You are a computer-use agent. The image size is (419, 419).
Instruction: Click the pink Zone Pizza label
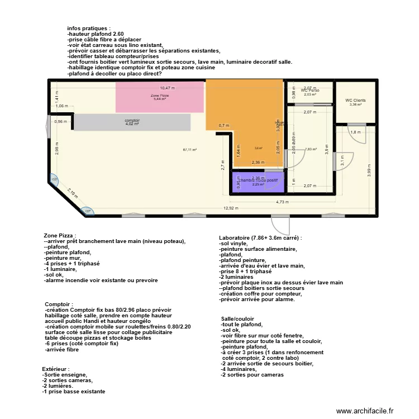160,96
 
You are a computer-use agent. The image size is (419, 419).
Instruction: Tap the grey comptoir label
132,121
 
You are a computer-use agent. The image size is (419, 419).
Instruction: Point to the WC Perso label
310,90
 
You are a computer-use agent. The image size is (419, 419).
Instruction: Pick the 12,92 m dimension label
230,208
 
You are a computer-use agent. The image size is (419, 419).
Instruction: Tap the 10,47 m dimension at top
167,88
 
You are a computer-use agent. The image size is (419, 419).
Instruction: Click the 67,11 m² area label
190,150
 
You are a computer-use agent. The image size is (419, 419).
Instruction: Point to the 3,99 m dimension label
370,170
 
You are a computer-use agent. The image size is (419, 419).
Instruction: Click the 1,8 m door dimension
355,132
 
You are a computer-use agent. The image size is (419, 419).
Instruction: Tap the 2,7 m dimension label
222,166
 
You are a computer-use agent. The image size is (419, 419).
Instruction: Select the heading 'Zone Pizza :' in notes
59,236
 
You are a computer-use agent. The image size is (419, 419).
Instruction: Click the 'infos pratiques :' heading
89,28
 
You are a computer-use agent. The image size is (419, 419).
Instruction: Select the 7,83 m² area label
311,149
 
